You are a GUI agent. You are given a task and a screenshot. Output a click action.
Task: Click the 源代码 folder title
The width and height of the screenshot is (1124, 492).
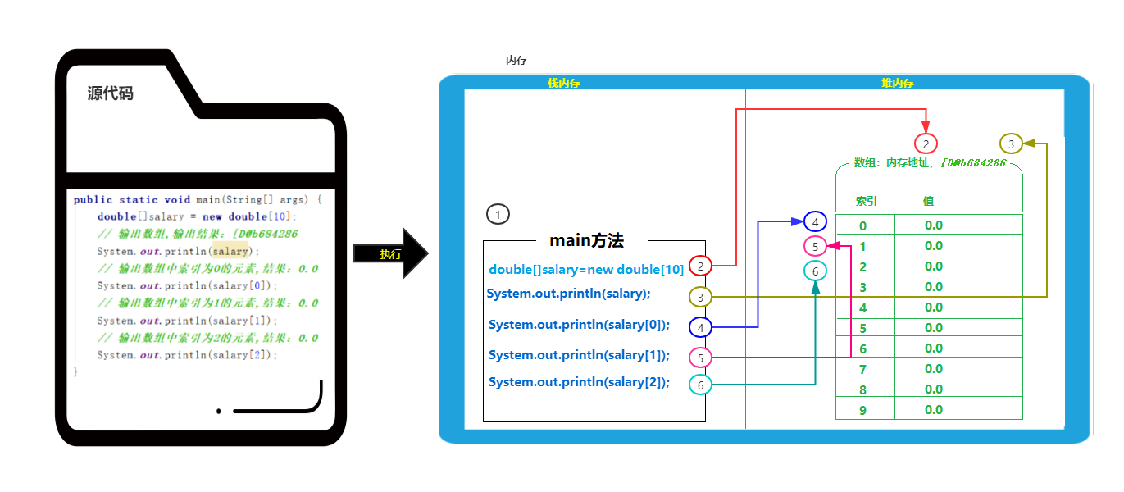click(x=110, y=93)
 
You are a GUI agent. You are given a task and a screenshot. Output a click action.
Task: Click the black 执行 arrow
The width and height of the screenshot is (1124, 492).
click(x=390, y=253)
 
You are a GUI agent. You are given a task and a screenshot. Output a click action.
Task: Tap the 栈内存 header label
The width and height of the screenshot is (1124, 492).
click(x=564, y=83)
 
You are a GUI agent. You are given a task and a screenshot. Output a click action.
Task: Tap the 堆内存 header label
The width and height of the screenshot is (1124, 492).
click(x=898, y=83)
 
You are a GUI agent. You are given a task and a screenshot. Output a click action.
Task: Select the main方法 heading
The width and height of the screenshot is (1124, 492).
click(x=586, y=241)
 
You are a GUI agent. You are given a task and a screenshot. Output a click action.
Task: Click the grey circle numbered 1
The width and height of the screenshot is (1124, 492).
click(x=498, y=215)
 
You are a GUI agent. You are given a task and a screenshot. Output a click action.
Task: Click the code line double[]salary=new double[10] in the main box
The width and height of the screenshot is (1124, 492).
click(x=586, y=270)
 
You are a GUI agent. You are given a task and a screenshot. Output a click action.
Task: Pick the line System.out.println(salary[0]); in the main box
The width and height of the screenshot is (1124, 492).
click(x=579, y=325)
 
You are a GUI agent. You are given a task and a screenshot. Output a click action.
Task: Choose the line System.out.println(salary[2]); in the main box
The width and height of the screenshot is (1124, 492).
click(x=579, y=382)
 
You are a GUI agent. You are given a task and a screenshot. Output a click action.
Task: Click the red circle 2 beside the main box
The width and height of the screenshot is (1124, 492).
click(x=700, y=266)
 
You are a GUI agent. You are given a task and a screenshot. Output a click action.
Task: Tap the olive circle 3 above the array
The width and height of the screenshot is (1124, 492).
click(x=1011, y=143)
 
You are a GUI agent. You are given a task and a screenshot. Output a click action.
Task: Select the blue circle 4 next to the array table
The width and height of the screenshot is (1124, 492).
click(x=815, y=221)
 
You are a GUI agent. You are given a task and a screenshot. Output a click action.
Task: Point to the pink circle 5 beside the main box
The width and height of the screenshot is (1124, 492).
click(x=700, y=358)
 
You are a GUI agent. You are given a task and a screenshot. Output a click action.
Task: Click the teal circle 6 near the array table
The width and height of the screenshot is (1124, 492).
click(x=815, y=271)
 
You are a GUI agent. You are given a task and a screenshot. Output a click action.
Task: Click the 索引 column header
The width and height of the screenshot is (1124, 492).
click(x=867, y=201)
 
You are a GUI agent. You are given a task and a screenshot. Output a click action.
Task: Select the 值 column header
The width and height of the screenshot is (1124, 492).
click(x=928, y=201)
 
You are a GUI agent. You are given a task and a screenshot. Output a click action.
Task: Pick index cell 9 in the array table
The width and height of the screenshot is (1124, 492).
click(x=862, y=410)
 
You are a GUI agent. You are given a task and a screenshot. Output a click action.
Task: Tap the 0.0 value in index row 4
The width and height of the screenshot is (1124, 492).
click(x=933, y=307)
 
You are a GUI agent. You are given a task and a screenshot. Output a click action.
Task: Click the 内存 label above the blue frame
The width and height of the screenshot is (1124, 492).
click(x=516, y=61)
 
